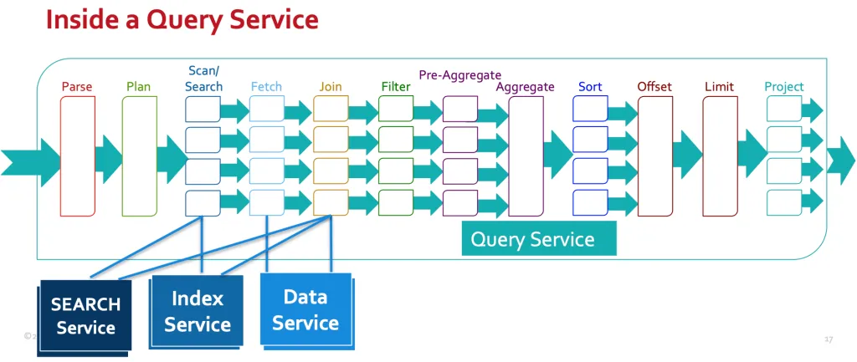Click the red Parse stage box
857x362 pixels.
tap(78, 156)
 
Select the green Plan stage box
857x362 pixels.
tap(140, 156)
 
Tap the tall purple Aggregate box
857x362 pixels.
tap(526, 156)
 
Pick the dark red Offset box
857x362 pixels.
tap(654, 156)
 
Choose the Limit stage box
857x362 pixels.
tap(719, 156)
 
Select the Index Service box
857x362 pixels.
tap(198, 311)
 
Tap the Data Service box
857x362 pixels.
tap(305, 309)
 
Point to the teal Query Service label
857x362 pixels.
tap(532, 240)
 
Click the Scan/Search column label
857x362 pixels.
tap(204, 79)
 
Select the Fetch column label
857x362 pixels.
tap(266, 87)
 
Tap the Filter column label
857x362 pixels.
tap(396, 87)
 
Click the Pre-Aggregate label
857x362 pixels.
tap(459, 75)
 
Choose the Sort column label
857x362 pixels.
tap(590, 87)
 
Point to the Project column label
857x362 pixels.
tap(783, 87)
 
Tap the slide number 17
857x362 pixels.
tap(829, 339)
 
